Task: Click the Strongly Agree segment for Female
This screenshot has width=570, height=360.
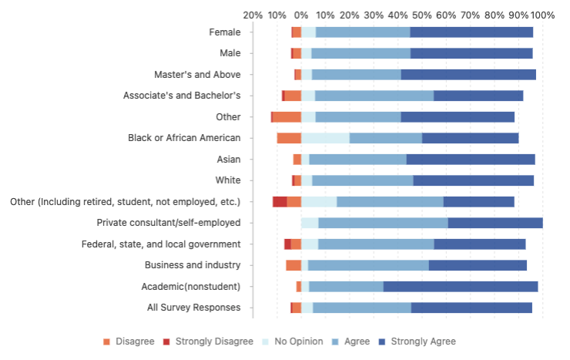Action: (x=471, y=32)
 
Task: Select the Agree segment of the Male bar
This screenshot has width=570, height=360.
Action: (x=360, y=53)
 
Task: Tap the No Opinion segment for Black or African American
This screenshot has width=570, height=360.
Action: (x=325, y=138)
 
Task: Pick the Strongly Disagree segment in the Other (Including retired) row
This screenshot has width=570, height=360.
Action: (x=280, y=202)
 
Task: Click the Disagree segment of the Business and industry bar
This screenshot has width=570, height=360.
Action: (x=293, y=265)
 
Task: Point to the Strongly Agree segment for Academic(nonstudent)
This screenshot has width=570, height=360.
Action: (x=461, y=287)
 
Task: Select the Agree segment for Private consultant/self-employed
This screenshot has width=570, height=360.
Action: (x=383, y=223)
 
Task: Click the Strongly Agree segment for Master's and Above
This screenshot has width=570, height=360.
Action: (x=468, y=75)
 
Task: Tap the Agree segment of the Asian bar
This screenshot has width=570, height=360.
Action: (x=357, y=160)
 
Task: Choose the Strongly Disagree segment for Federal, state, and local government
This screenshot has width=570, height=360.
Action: (x=287, y=244)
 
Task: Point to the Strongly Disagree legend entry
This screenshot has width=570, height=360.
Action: (x=208, y=341)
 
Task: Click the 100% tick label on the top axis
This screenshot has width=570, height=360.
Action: (x=542, y=15)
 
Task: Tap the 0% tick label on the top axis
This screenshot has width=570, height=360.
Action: (x=301, y=15)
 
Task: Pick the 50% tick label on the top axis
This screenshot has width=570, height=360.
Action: (x=422, y=15)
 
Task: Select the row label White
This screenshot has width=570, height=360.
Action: (x=229, y=180)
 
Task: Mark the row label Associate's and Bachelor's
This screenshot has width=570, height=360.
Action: (x=182, y=96)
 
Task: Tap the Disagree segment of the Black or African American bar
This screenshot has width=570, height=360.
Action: (x=289, y=138)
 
